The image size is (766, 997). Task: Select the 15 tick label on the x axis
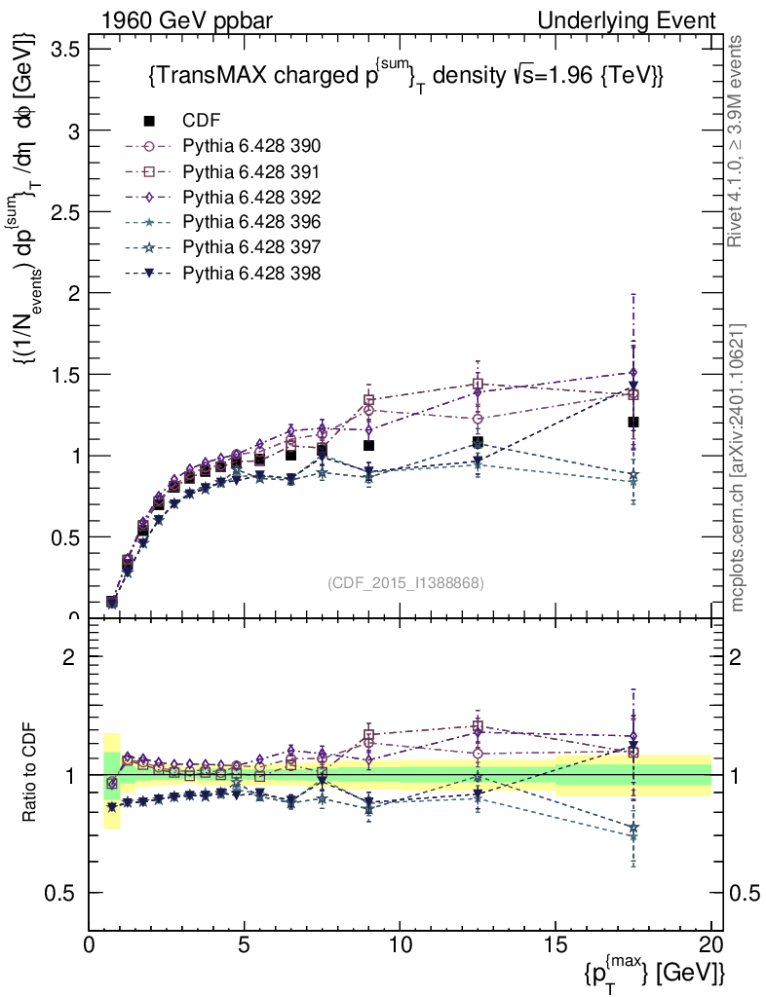pos(555,945)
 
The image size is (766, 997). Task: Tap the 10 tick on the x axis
pos(400,945)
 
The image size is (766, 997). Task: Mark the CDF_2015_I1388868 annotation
pos(405,582)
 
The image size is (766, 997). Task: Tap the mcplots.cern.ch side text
pos(739,467)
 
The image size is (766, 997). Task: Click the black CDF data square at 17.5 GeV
pos(633,422)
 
